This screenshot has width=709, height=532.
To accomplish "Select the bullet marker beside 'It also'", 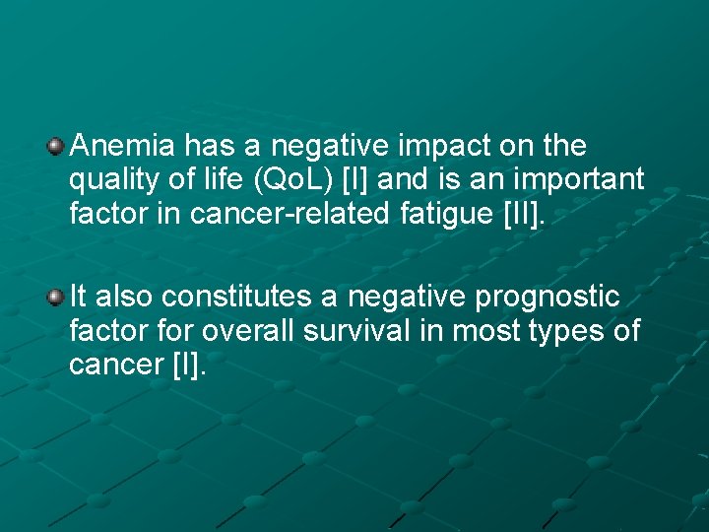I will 57,297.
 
